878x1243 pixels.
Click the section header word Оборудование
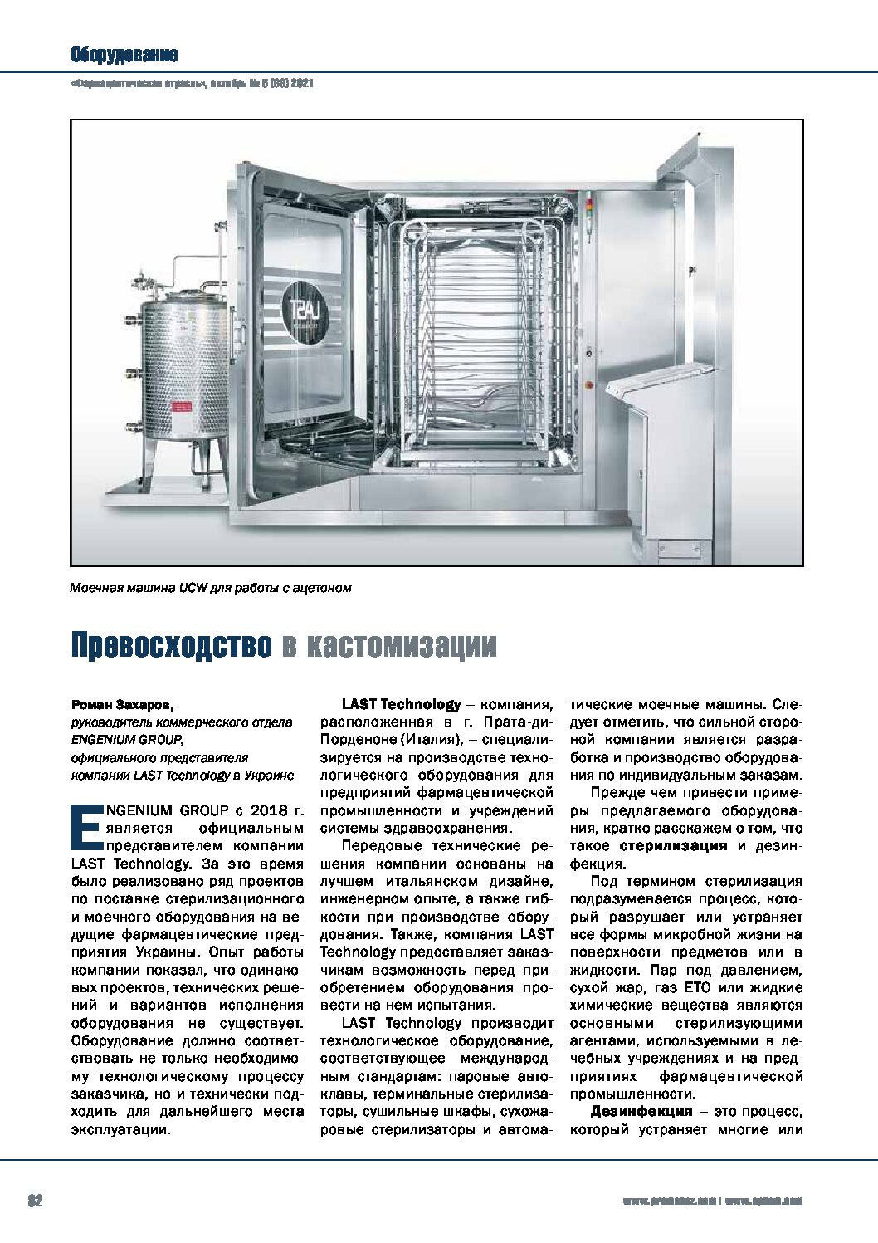pyautogui.click(x=124, y=56)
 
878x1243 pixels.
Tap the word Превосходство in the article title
pyautogui.click(x=170, y=645)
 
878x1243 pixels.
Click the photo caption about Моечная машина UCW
pyautogui.click(x=211, y=589)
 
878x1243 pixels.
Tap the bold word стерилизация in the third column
pyautogui.click(x=673, y=846)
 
